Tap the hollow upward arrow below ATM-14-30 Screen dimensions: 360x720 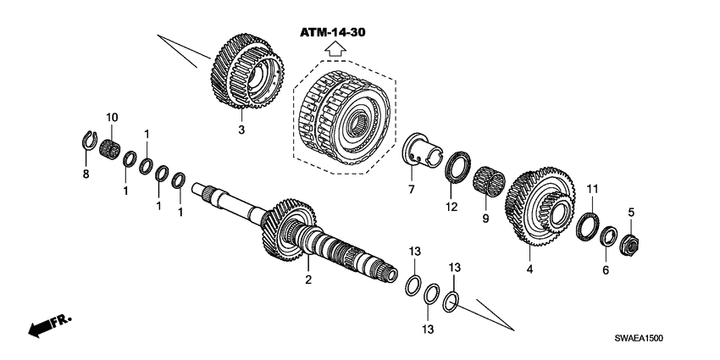pyautogui.click(x=337, y=51)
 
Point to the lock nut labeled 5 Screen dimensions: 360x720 pyautogui.click(x=630, y=246)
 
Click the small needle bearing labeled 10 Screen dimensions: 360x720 pyautogui.click(x=108, y=151)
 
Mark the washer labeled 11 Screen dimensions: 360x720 pyautogui.click(x=584, y=227)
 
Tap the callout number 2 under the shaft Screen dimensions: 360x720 pyautogui.click(x=308, y=279)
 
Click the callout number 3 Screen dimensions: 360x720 pyautogui.click(x=241, y=130)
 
